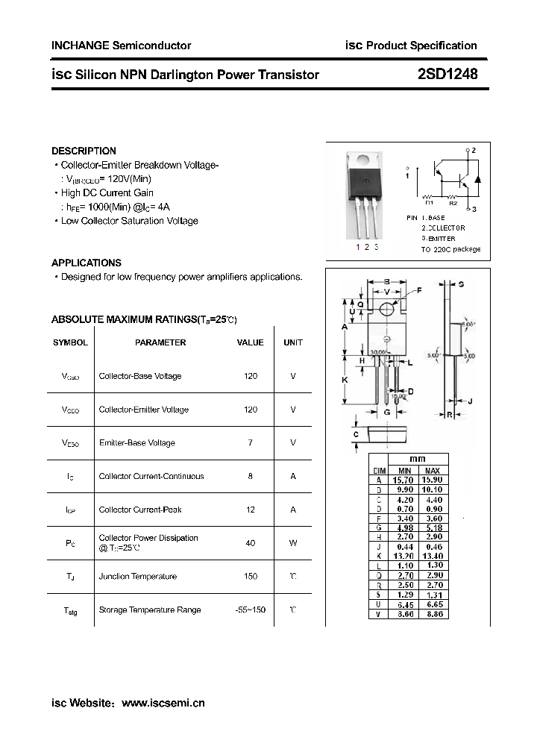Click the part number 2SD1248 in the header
click(447, 74)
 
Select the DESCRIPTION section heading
click(84, 151)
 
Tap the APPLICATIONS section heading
click(87, 263)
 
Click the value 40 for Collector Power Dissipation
click(251, 543)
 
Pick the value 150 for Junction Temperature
click(251, 577)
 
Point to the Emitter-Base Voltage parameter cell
click(136, 443)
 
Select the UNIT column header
click(293, 342)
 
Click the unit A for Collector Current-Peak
click(293, 510)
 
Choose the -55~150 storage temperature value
click(251, 610)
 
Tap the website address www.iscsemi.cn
click(163, 703)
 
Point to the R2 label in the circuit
click(453, 202)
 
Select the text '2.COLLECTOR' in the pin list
click(443, 228)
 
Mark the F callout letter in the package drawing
click(418, 289)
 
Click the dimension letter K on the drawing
click(345, 380)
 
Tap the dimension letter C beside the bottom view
click(356, 434)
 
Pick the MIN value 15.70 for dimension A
click(404, 480)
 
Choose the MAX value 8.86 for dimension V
click(433, 613)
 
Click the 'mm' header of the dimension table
click(418, 460)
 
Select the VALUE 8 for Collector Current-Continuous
click(251, 476)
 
